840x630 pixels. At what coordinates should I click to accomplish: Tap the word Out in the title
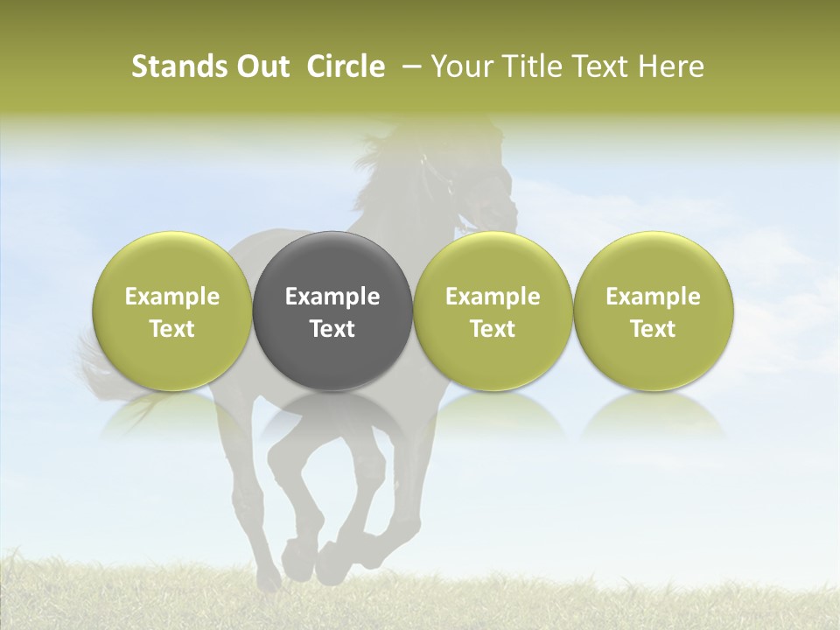point(262,66)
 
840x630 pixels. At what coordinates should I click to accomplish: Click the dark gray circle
point(332,311)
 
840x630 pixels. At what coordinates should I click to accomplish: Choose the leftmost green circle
point(172,311)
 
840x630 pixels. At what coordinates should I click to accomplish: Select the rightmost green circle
point(653,311)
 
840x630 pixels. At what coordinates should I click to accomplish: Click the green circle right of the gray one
point(493,311)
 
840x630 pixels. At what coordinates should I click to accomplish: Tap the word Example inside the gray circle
point(332,297)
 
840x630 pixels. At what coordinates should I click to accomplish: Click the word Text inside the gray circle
point(332,329)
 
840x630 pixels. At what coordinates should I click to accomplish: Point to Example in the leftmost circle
point(172,297)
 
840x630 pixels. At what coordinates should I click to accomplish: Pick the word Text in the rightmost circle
point(653,329)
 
